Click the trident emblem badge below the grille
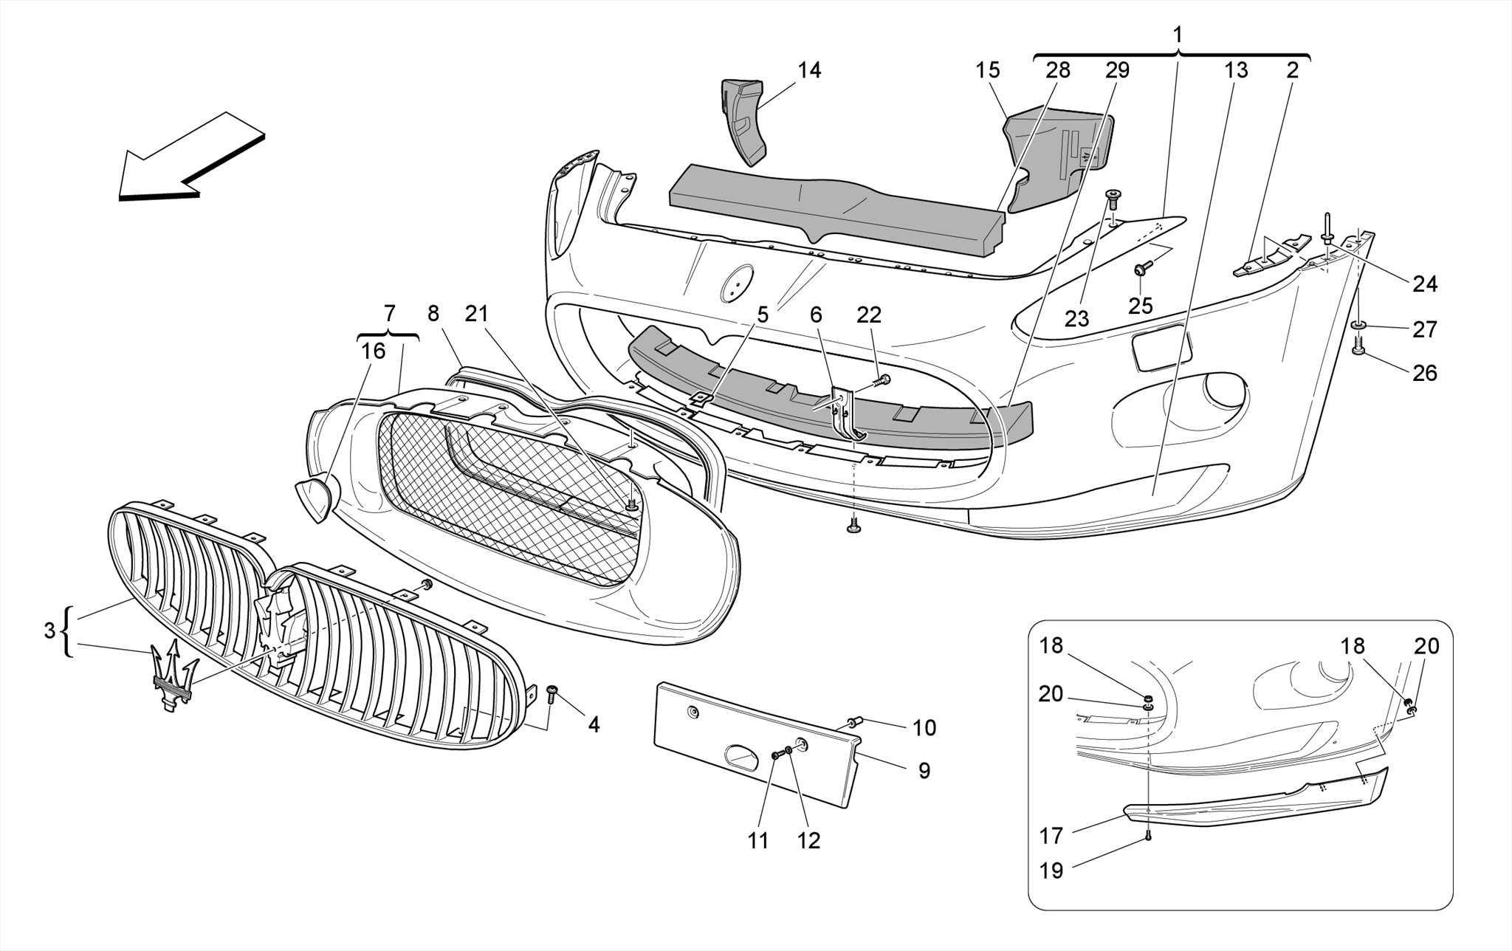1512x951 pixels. click(173, 676)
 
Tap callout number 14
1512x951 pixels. click(809, 70)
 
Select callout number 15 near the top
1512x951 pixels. click(987, 70)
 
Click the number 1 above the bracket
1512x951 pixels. click(1178, 35)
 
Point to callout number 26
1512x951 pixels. click(1424, 373)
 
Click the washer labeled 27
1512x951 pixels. click(1358, 325)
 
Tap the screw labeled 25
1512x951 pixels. click(1141, 271)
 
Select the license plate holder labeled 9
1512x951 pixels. click(753, 746)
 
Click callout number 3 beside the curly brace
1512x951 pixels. click(49, 631)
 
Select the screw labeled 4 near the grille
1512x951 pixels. click(551, 692)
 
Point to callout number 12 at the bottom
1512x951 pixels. click(808, 840)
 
